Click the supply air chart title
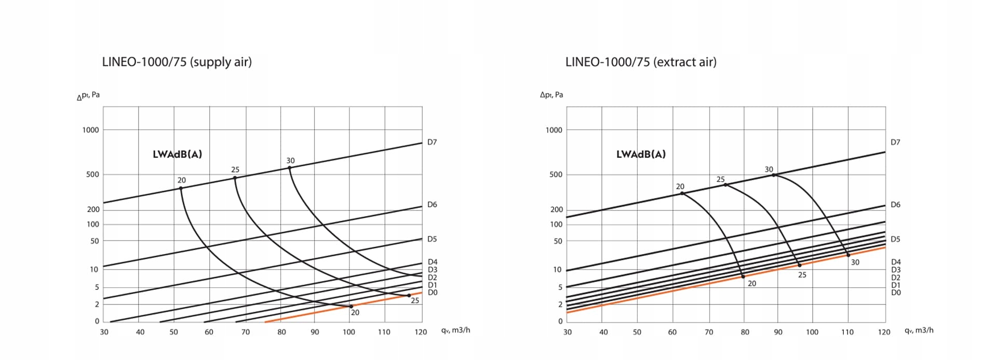coord(177,62)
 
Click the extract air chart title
coord(641,62)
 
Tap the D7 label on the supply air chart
coord(432,142)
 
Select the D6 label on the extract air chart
coord(895,205)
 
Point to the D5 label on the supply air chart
coord(432,239)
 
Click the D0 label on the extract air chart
coord(896,292)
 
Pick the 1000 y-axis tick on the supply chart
coord(90,130)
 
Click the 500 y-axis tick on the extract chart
coord(556,175)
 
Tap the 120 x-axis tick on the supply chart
coord(421,332)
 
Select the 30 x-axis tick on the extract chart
coord(568,332)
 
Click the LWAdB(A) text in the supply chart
coord(177,154)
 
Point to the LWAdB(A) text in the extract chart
coord(641,154)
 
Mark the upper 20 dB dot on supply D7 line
coord(181,188)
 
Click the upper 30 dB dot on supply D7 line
coord(290,167)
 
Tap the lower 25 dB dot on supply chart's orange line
coord(409,296)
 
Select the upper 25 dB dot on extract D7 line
coord(725,185)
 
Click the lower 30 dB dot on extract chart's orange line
coord(848,255)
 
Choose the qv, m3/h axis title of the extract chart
coord(919,330)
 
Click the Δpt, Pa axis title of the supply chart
coord(88,96)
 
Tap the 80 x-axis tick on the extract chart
coord(745,332)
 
